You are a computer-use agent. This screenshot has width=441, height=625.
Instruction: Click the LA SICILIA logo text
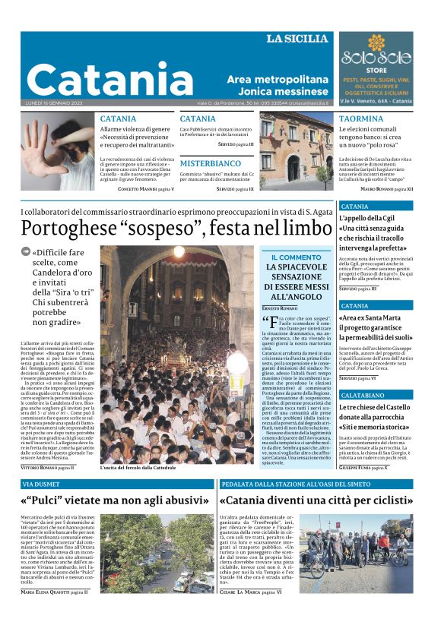(297, 39)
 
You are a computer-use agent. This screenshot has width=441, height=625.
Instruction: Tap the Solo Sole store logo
(377, 57)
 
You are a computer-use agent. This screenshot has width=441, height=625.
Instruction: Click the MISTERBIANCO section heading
(210, 163)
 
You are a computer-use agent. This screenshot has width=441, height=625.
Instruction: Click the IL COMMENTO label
(295, 257)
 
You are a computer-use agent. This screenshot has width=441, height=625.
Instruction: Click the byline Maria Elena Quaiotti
(55, 611)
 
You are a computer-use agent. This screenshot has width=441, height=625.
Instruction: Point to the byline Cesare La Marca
(250, 611)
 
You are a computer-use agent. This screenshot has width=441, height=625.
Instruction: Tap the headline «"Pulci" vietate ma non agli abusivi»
(116, 501)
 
